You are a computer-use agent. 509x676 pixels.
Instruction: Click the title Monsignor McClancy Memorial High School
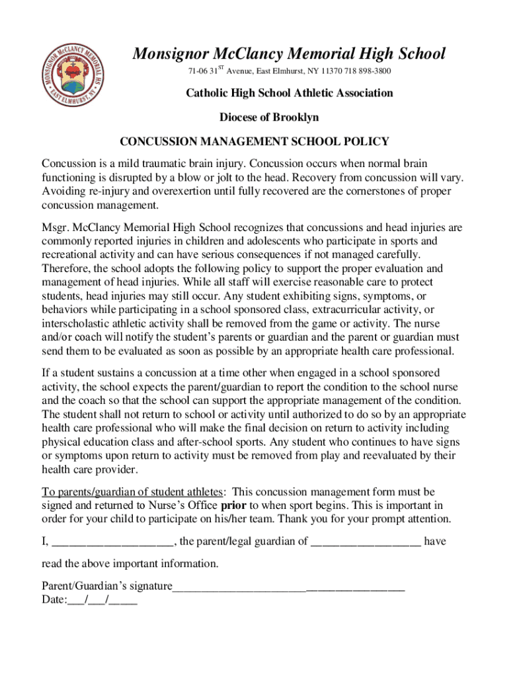pyautogui.click(x=289, y=53)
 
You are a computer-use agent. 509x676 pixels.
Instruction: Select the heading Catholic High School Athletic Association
pyautogui.click(x=289, y=93)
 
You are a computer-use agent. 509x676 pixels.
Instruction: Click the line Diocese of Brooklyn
pyautogui.click(x=269, y=117)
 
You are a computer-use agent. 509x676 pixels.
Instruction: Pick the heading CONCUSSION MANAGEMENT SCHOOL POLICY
pyautogui.click(x=254, y=141)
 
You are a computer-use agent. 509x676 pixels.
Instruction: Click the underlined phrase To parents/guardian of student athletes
pyautogui.click(x=133, y=492)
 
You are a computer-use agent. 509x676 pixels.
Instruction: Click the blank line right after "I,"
pyautogui.click(x=112, y=542)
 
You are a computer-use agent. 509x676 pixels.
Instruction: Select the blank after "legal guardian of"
pyautogui.click(x=366, y=542)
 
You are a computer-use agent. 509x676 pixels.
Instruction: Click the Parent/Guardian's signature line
pyautogui.click(x=288, y=586)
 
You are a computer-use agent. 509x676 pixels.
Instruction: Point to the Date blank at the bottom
pyautogui.click(x=102, y=600)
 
